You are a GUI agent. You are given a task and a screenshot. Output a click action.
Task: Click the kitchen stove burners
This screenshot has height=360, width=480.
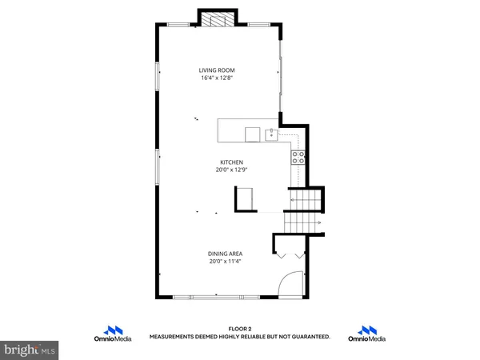pos(298,157)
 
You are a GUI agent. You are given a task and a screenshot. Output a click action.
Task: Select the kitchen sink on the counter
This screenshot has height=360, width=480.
pos(273,133)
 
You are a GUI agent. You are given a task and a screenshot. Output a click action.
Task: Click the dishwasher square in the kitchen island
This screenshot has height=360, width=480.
pos(252,133)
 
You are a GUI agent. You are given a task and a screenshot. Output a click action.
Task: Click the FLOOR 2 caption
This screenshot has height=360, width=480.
pos(240,329)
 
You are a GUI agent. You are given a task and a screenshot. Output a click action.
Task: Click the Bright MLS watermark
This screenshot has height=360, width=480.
pos(29,350)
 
